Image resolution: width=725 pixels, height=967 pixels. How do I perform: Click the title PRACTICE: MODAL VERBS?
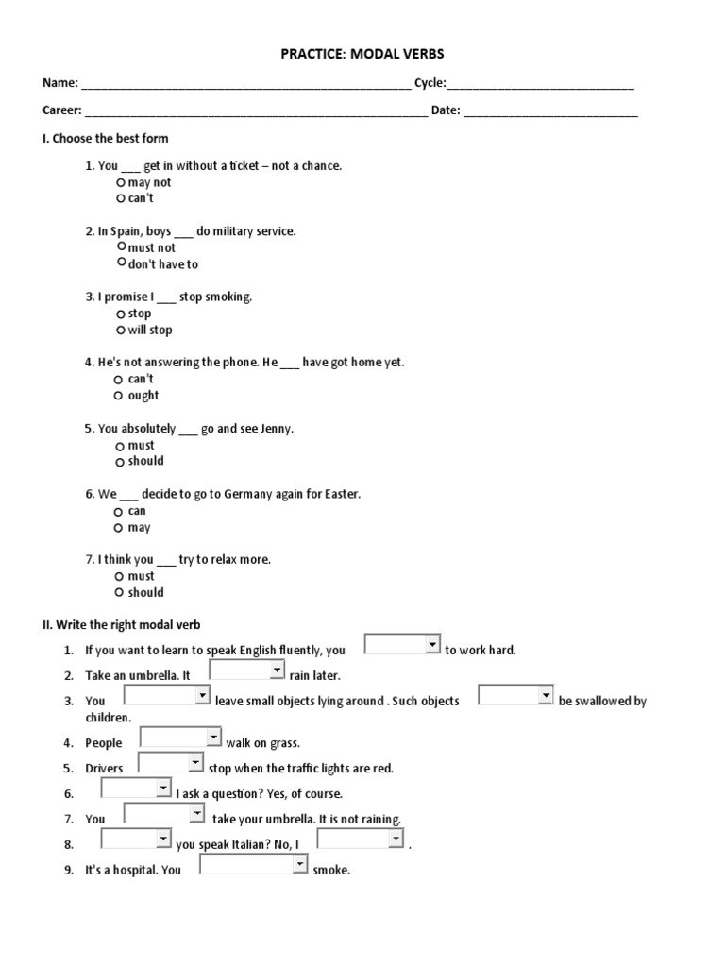[362, 55]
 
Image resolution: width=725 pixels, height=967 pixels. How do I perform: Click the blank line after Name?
[246, 84]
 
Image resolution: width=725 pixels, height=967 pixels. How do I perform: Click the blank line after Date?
[550, 111]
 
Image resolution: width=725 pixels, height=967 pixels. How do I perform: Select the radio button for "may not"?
[121, 182]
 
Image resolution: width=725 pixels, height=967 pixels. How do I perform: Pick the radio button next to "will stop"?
[121, 330]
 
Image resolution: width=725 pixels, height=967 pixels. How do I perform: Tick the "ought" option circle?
[119, 396]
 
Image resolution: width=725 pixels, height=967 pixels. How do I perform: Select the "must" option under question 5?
[119, 446]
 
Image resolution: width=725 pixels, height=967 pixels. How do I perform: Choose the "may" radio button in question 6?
[119, 528]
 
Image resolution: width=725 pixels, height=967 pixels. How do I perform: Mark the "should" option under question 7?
[119, 593]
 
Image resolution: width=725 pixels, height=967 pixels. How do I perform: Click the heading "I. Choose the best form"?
[105, 139]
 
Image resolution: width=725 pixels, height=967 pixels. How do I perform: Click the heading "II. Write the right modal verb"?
[121, 625]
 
